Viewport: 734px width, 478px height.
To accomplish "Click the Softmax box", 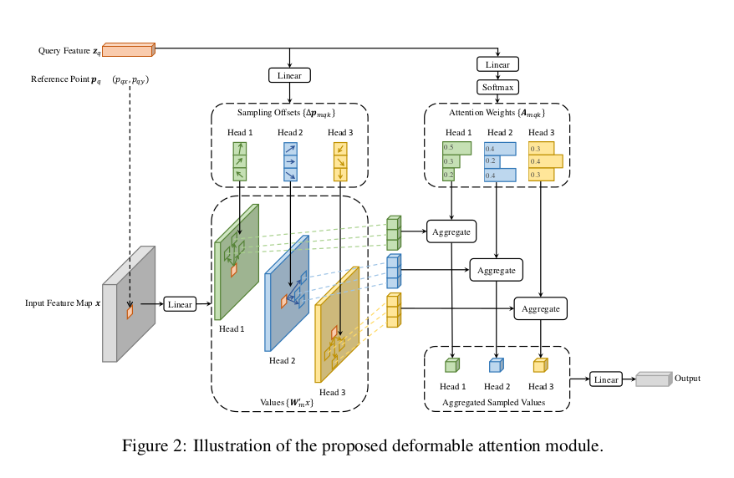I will (x=497, y=87).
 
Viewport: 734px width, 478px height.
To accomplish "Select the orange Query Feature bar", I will (x=128, y=50).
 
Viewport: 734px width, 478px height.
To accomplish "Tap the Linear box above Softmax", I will (x=497, y=64).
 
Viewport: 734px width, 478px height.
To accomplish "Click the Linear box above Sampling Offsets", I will (x=289, y=76).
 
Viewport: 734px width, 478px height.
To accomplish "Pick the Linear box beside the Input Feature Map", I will (x=181, y=304).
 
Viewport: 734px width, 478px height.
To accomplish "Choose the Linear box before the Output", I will (x=606, y=379).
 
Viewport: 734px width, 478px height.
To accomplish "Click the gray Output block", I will (x=654, y=379).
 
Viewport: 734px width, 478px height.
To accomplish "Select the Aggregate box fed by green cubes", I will (x=451, y=231).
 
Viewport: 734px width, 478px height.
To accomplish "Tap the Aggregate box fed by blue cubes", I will (x=497, y=270).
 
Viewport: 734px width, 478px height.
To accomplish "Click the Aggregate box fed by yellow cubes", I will (x=540, y=308).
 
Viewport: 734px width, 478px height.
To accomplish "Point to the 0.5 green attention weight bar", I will (x=456, y=148).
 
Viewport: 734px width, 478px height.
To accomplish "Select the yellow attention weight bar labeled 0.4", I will (x=545, y=160).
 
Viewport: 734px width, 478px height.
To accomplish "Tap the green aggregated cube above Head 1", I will (x=451, y=365).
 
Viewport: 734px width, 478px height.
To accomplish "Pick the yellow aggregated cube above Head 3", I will (x=540, y=365).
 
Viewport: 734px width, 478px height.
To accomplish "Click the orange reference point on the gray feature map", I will (x=130, y=311).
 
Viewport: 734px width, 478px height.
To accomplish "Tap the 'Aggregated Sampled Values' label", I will (x=497, y=402).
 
